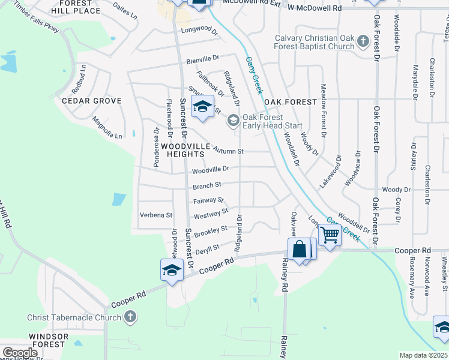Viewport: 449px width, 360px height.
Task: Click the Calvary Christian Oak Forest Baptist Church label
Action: [315, 42]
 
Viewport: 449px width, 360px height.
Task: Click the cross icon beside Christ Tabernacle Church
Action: [130, 317]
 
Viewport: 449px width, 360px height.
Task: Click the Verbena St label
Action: [155, 215]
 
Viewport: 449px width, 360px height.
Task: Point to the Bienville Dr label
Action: [203, 59]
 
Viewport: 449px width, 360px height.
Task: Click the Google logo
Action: [20, 353]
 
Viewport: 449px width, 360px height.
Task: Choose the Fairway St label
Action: [209, 200]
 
